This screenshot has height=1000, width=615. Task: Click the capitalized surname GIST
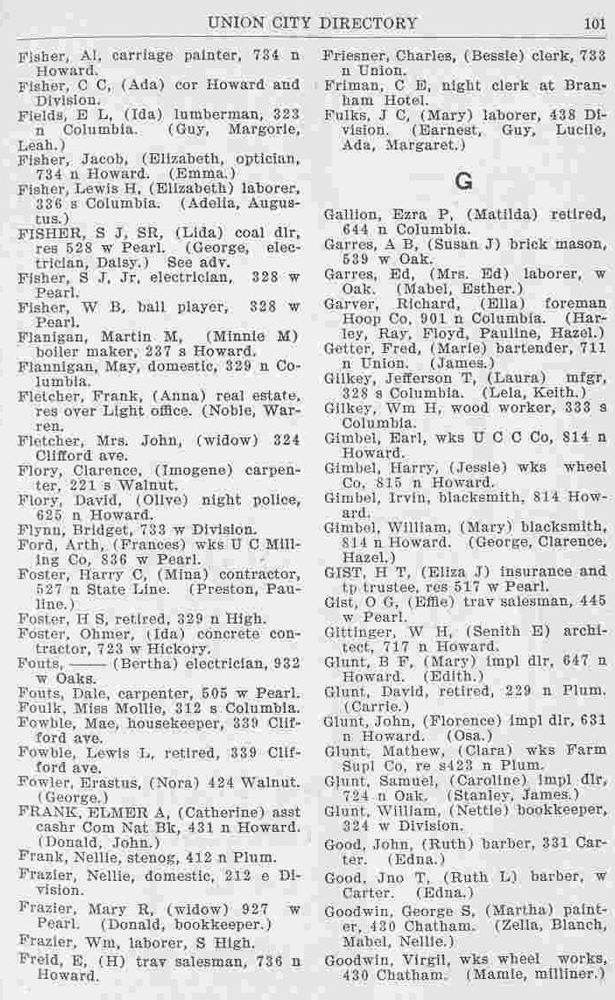[x=340, y=571]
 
